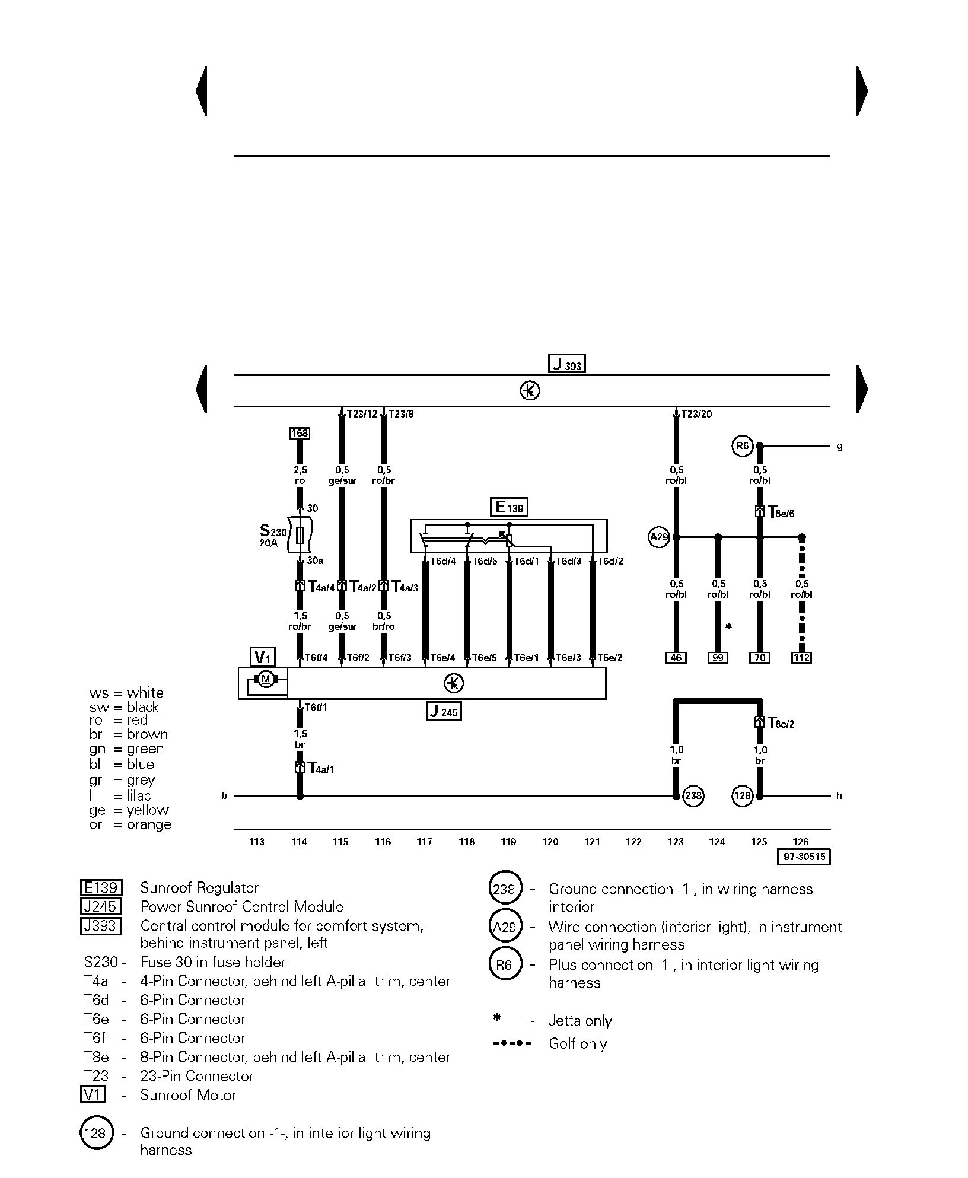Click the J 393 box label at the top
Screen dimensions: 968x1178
coord(566,363)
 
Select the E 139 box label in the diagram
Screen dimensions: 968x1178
coord(509,507)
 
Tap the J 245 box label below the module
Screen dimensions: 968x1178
coord(444,711)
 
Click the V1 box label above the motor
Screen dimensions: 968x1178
coord(263,657)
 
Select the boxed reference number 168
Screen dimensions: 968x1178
coord(300,433)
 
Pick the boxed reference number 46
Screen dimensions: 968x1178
coord(676,657)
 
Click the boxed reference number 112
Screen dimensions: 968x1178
coord(802,657)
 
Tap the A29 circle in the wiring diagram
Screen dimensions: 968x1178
coord(659,538)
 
